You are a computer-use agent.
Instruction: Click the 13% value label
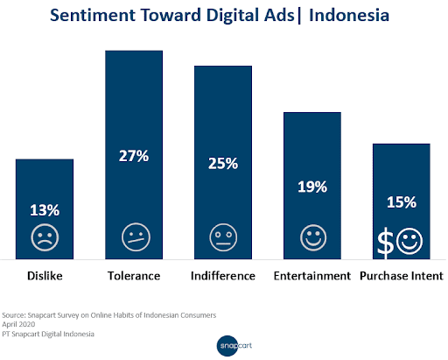pyautogui.click(x=45, y=210)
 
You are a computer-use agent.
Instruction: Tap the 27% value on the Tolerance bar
pyautogui.click(x=134, y=156)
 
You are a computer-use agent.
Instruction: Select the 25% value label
pyautogui.click(x=223, y=163)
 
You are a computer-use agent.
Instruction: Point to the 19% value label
pyautogui.click(x=312, y=187)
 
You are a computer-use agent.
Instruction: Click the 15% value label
pyautogui.click(x=402, y=202)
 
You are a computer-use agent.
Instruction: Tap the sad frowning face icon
pyautogui.click(x=45, y=237)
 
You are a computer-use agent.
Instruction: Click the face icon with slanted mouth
pyautogui.click(x=136, y=237)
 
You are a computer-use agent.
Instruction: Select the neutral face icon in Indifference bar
pyautogui.click(x=223, y=237)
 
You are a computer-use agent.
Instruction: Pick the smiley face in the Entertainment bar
pyautogui.click(x=313, y=237)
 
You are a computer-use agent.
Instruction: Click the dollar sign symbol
pyautogui.click(x=385, y=243)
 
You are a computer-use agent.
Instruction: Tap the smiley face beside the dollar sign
pyautogui.click(x=409, y=242)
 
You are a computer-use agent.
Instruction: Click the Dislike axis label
pyautogui.click(x=45, y=276)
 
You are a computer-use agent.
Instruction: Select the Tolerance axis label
pyautogui.click(x=134, y=276)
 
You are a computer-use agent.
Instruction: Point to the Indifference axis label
pyautogui.click(x=223, y=276)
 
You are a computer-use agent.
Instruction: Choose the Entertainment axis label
pyautogui.click(x=312, y=276)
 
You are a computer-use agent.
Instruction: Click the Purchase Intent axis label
pyautogui.click(x=402, y=276)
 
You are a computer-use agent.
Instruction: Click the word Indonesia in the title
pyautogui.click(x=349, y=15)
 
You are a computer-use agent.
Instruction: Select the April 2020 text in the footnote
pyautogui.click(x=18, y=324)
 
